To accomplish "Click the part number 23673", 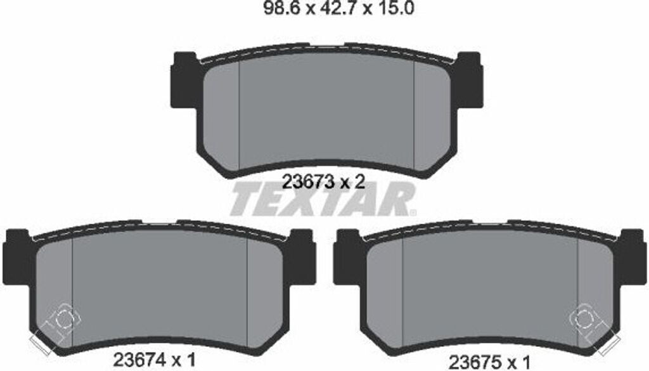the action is pyautogui.click(x=308, y=182).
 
